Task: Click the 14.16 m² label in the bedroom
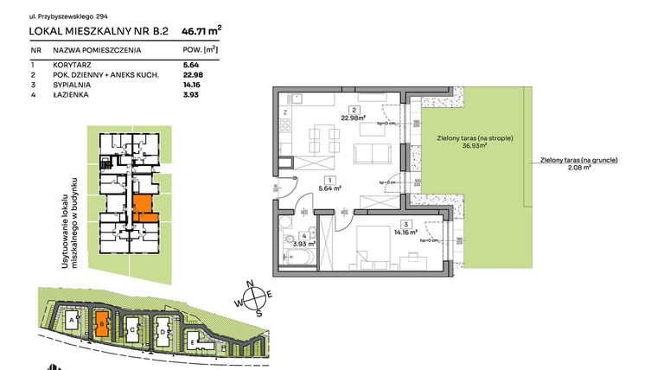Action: [x=405, y=231]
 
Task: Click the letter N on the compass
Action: [x=249, y=284]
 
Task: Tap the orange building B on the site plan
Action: [x=102, y=323]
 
